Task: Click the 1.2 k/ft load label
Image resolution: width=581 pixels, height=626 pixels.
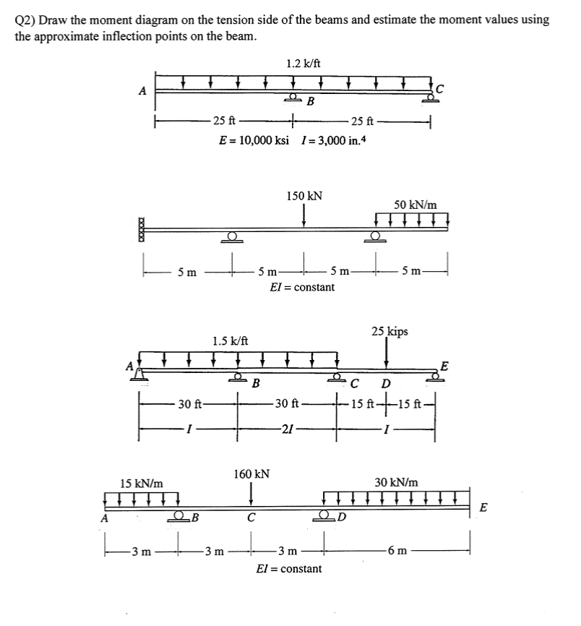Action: (x=304, y=63)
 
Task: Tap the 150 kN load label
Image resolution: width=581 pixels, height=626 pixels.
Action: (x=304, y=196)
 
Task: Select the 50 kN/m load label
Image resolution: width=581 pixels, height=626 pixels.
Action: (x=416, y=205)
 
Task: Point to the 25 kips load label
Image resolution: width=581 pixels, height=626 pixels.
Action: (x=390, y=332)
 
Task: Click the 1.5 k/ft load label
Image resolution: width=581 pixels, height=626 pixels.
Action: (x=231, y=340)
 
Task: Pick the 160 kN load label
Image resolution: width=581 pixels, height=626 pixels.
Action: (x=251, y=474)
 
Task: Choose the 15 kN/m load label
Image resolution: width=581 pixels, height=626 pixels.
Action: (x=141, y=481)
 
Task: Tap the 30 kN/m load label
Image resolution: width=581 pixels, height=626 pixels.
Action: (x=396, y=481)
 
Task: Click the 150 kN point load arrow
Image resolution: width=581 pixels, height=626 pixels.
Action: (x=304, y=215)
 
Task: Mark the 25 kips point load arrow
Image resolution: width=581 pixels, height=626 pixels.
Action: (x=387, y=353)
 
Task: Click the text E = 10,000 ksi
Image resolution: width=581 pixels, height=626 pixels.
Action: (x=254, y=139)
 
